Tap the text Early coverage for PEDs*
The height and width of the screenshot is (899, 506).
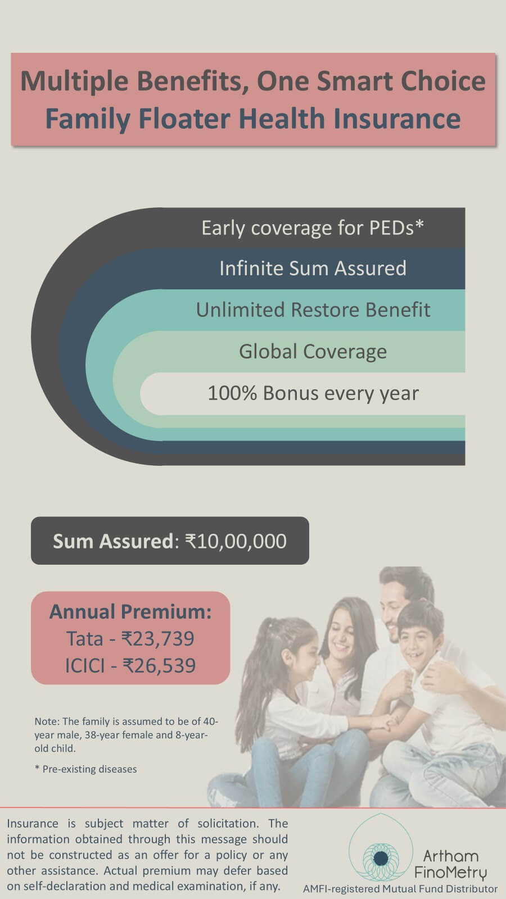click(313, 228)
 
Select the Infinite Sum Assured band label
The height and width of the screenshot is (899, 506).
click(313, 268)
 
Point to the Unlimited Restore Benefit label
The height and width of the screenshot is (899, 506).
click(313, 310)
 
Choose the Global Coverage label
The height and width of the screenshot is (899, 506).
click(313, 352)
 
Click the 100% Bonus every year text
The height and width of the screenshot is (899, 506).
click(313, 393)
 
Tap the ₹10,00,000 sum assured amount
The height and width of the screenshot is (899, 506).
click(236, 541)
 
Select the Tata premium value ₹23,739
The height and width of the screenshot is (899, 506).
click(158, 638)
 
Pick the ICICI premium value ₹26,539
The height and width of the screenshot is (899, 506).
click(160, 665)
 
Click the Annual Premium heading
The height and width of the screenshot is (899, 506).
click(130, 612)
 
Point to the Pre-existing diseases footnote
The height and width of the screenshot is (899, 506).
click(86, 769)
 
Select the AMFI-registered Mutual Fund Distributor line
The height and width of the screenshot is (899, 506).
click(400, 888)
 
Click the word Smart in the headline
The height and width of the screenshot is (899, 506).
click(354, 81)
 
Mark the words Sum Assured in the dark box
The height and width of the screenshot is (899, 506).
click(113, 541)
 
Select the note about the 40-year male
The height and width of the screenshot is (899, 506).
click(126, 734)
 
